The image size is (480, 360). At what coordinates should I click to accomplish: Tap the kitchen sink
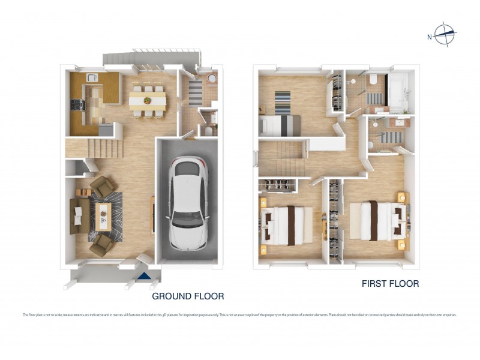click(92, 77)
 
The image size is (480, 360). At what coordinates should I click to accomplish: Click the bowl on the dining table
click(148, 97)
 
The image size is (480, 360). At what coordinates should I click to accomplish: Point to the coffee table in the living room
click(104, 215)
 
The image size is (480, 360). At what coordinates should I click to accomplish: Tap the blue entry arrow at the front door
click(144, 276)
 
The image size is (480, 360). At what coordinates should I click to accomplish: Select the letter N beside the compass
click(430, 37)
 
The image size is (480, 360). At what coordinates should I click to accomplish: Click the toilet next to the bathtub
click(373, 80)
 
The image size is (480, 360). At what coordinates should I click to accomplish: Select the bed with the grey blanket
click(279, 125)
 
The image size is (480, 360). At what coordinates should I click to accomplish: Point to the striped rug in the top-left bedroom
click(283, 101)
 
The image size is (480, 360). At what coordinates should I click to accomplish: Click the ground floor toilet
click(208, 130)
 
